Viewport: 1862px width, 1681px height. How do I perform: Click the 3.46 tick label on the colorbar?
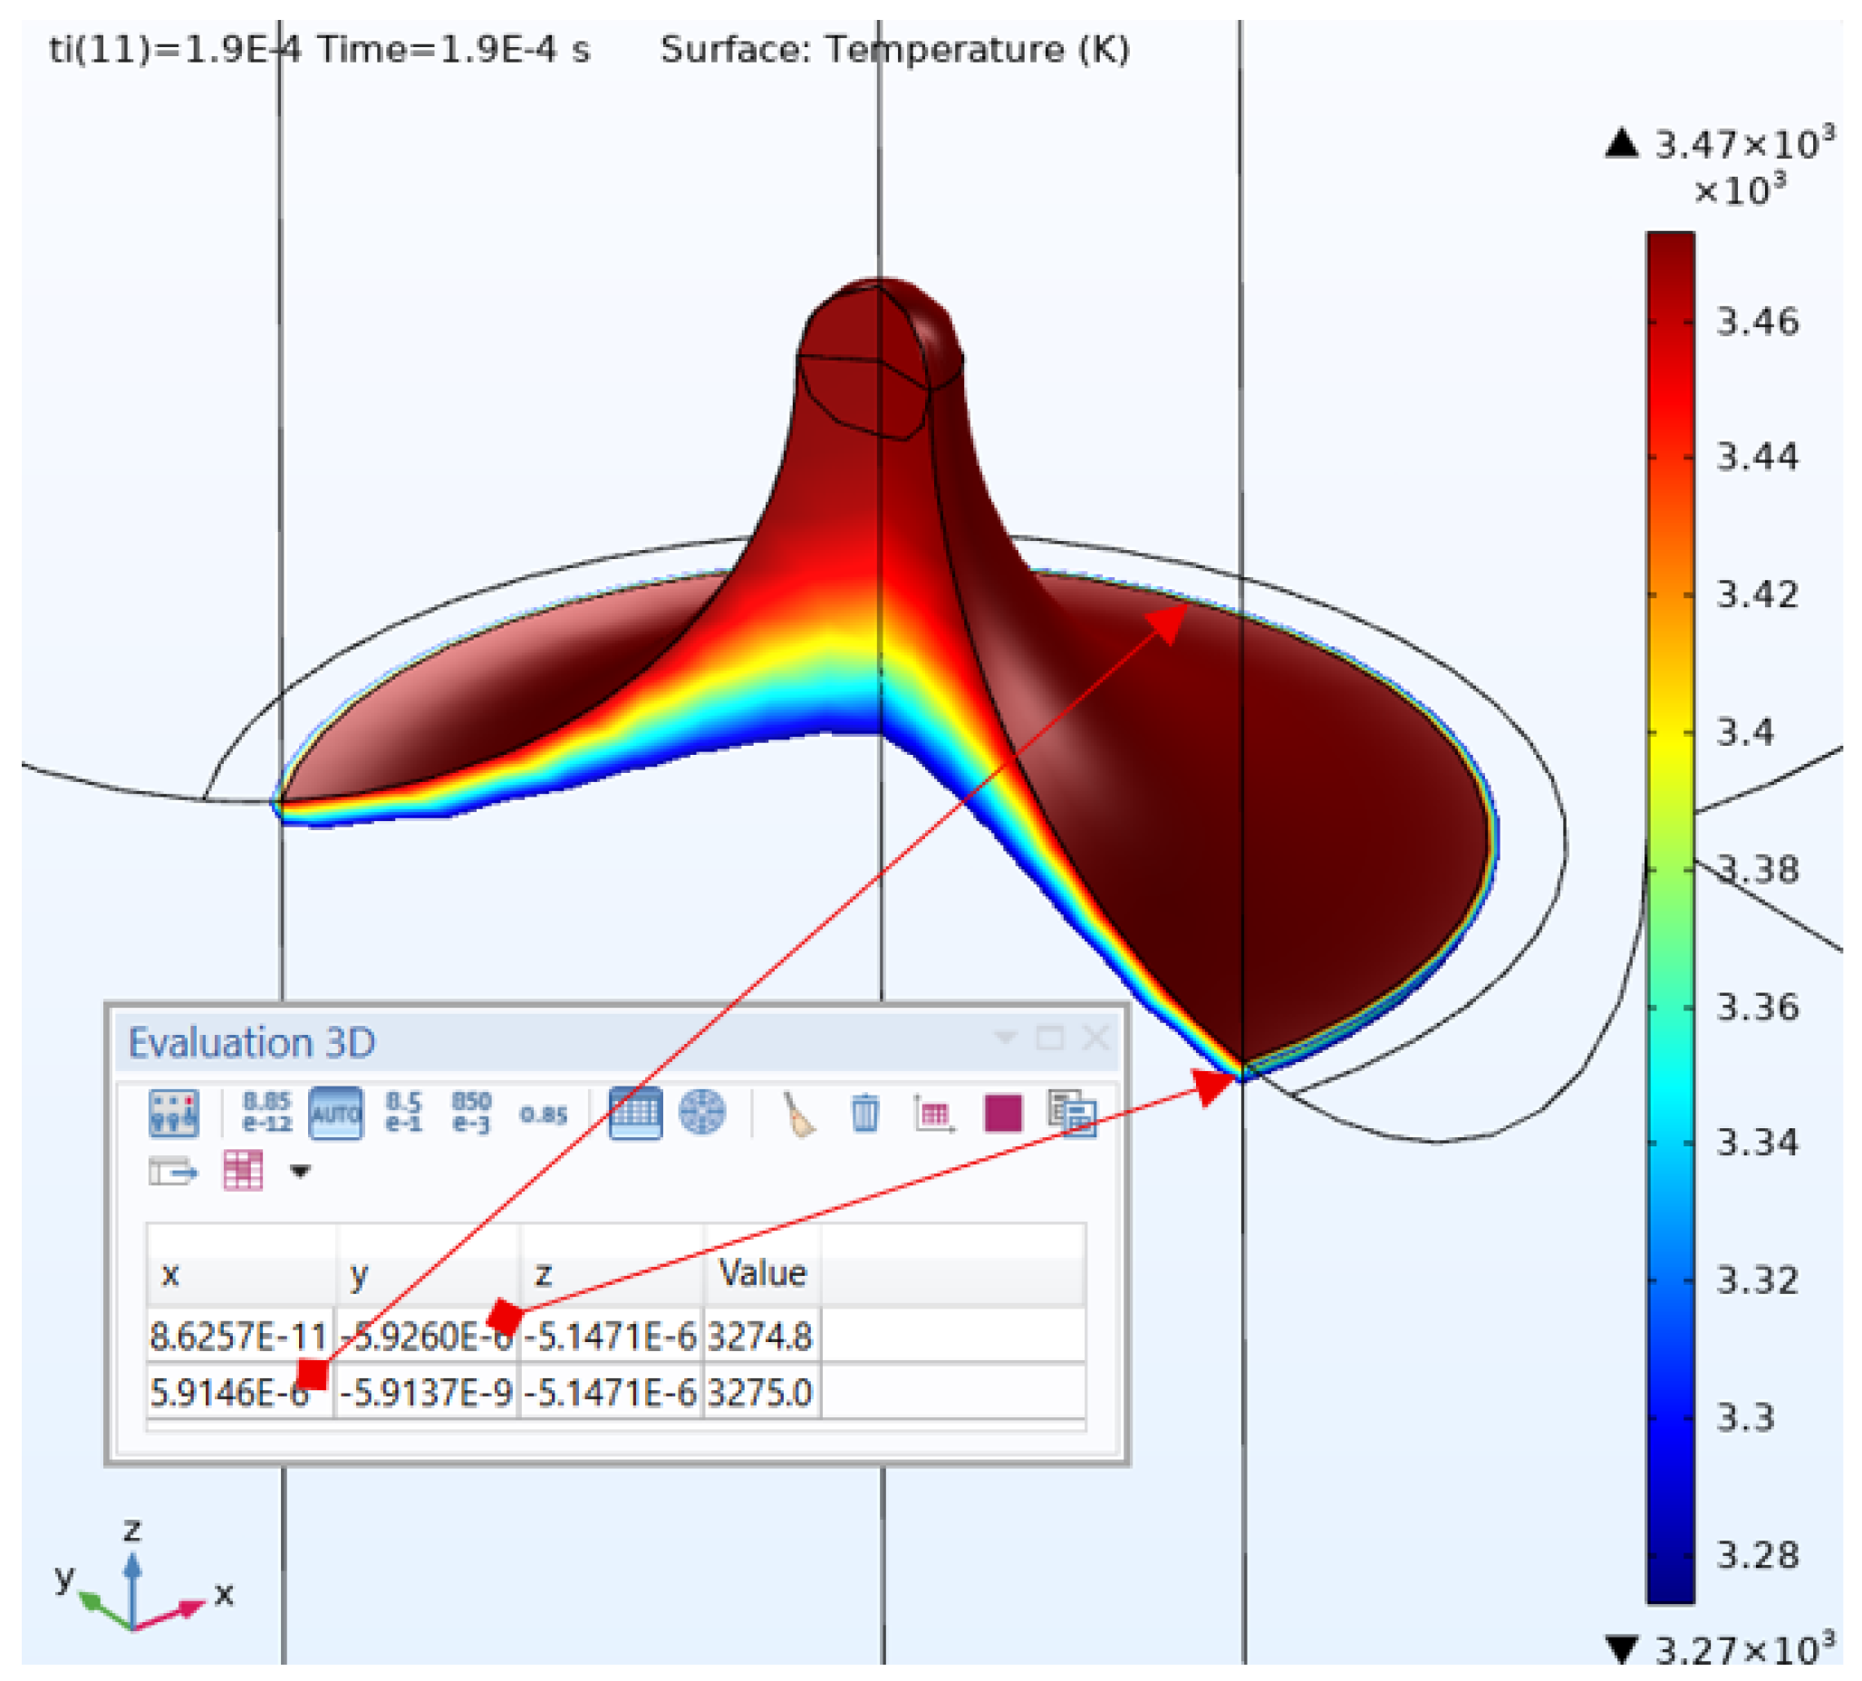click(x=1757, y=323)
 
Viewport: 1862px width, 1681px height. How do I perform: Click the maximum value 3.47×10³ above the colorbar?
click(x=1741, y=145)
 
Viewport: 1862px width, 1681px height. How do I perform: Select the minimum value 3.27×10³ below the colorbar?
click(x=1741, y=1649)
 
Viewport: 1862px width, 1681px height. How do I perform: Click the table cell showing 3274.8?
click(x=759, y=1337)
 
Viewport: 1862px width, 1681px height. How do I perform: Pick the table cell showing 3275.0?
click(x=759, y=1392)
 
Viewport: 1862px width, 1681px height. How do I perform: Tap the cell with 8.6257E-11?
click(x=238, y=1337)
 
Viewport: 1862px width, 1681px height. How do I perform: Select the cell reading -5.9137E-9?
click(x=426, y=1392)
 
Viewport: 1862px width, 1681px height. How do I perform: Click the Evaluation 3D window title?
click(x=251, y=1043)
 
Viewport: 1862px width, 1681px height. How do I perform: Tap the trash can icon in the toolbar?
click(x=864, y=1113)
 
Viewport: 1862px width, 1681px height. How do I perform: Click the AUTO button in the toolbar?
click(x=335, y=1114)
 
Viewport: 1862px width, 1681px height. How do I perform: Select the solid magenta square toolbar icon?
click(x=1003, y=1113)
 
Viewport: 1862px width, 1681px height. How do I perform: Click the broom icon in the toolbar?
click(x=799, y=1114)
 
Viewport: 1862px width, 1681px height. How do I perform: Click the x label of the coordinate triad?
click(x=224, y=1593)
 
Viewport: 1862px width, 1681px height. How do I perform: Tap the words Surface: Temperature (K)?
click(x=894, y=50)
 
